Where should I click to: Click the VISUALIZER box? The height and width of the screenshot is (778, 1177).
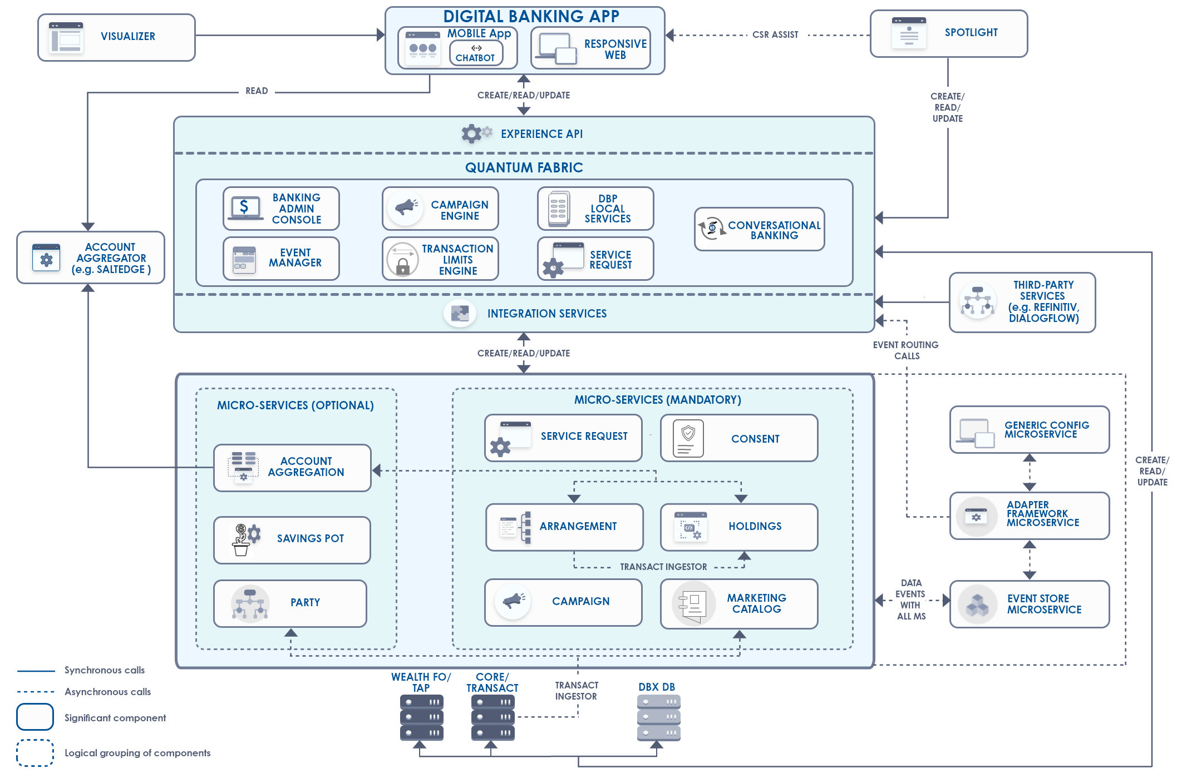coord(116,37)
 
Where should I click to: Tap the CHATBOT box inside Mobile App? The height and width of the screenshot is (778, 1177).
coord(476,53)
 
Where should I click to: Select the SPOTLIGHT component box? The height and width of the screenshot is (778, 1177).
coord(948,33)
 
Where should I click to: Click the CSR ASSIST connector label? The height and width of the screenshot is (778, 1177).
coord(775,35)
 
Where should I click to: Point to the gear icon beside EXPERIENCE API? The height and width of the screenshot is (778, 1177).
coord(472,133)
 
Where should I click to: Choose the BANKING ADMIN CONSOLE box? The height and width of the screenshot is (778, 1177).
coord(281,209)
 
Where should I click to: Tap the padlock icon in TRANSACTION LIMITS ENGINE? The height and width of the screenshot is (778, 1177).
coord(402,266)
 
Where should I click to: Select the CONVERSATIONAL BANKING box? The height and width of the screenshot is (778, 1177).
coord(759,229)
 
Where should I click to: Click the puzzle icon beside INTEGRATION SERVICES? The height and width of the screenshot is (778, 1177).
coord(460,314)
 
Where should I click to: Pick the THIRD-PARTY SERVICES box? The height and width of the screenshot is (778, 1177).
coord(1022,302)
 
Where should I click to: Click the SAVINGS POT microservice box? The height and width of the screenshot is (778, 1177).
coord(292,539)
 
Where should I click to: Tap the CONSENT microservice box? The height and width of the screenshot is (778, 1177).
coord(738,438)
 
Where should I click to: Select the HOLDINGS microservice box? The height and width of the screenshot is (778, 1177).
coord(738,527)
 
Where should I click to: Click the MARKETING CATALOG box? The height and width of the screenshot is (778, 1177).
coord(738,603)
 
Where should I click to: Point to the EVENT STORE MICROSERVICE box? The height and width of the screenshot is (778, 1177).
coord(1029,604)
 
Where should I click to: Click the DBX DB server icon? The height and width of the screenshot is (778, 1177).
coord(658,717)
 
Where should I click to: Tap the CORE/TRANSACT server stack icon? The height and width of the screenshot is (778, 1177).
coord(493,717)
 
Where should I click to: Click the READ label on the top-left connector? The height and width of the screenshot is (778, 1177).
coord(257,91)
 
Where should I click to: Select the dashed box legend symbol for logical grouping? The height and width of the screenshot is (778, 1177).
coord(35,752)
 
